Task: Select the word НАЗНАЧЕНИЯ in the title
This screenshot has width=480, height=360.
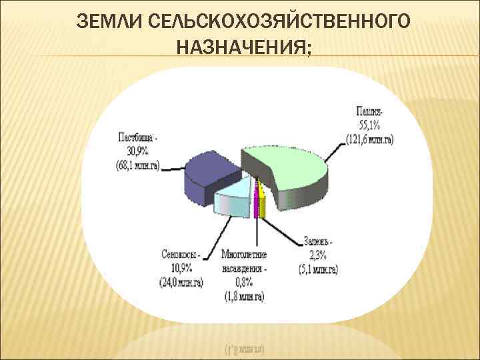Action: click(243, 47)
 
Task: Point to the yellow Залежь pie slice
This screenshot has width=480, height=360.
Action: click(263, 200)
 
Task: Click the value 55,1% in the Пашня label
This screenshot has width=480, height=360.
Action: click(371, 125)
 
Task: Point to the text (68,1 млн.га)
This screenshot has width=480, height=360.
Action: click(137, 165)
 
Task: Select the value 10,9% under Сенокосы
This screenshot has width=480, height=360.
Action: click(181, 268)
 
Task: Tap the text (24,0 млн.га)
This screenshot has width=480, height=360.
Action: click(182, 282)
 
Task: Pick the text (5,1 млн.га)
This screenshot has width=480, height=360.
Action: click(319, 269)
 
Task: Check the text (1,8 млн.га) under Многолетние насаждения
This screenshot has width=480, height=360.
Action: click(243, 296)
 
